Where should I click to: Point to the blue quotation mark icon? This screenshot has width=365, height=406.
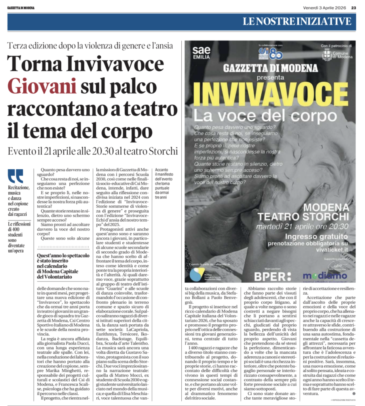pyautogui.click(x=15, y=176)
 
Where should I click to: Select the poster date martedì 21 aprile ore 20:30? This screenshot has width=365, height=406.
pyautogui.click(x=302, y=227)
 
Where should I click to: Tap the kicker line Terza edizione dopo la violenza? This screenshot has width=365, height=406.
pyautogui.click(x=90, y=45)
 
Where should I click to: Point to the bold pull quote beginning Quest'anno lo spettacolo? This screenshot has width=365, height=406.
pyautogui.click(x=61, y=267)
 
